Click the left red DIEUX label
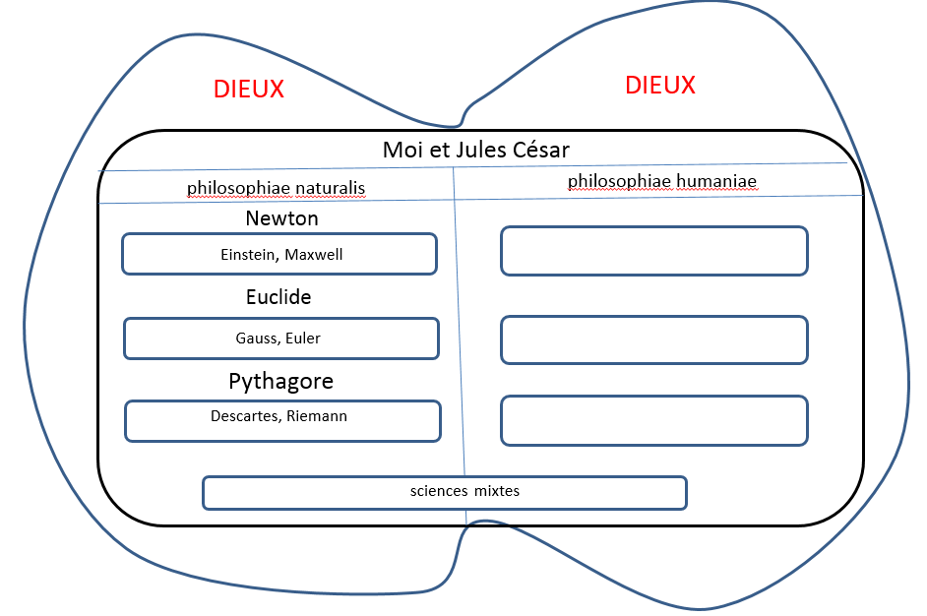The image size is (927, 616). (249, 90)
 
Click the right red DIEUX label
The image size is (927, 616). (660, 86)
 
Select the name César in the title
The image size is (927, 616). (539, 151)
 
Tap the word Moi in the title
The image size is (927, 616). (402, 151)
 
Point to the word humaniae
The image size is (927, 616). (713, 182)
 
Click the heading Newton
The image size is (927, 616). (282, 218)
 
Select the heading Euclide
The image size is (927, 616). (278, 297)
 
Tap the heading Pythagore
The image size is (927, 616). (281, 381)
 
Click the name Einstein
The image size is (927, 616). (251, 255)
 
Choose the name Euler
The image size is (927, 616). (304, 339)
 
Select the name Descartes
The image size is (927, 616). (246, 416)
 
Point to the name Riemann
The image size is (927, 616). (318, 416)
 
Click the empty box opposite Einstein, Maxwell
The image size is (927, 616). (654, 251)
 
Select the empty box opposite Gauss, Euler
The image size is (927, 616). (654, 339)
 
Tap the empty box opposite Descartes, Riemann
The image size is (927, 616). (654, 420)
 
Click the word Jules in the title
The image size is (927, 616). (474, 151)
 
